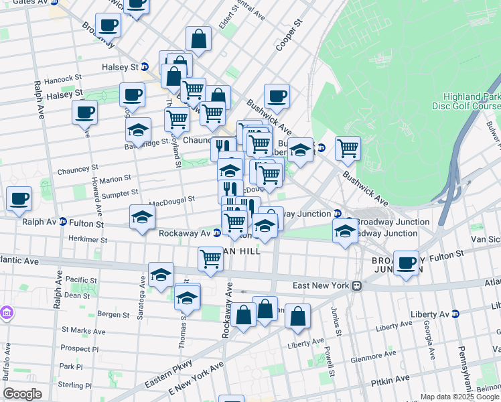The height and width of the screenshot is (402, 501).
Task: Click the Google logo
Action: tap(23, 393)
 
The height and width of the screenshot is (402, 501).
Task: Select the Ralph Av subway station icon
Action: tap(62, 222)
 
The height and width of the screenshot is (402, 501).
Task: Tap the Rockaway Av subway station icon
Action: tap(216, 234)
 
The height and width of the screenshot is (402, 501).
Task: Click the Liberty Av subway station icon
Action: tap(456, 314)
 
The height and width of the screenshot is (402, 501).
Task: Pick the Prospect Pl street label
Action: tap(79, 348)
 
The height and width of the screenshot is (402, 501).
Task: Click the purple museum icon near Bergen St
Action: tap(7, 312)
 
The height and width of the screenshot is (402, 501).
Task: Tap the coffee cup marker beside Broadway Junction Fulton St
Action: tap(406, 263)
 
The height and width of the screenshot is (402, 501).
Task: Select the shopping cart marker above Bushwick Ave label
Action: tap(348, 149)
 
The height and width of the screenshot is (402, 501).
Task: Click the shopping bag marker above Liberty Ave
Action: tap(297, 316)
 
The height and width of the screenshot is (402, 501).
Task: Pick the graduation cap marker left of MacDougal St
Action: tap(142, 217)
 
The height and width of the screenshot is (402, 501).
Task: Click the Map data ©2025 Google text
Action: tap(459, 397)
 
